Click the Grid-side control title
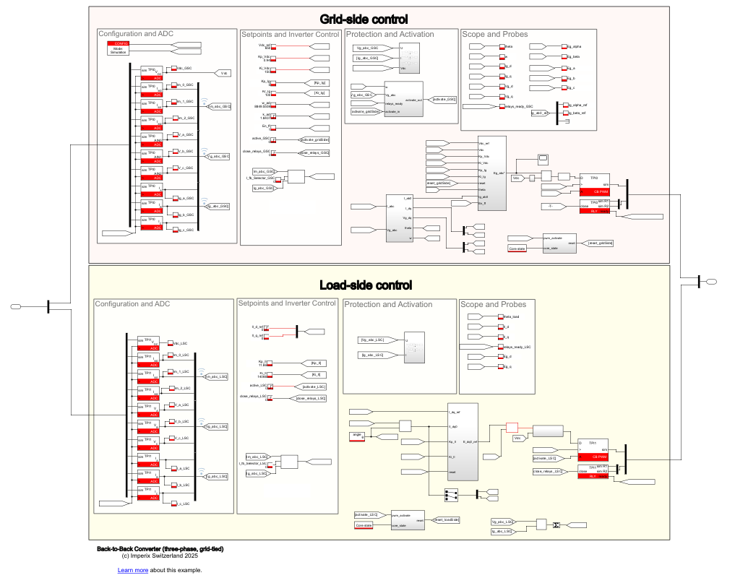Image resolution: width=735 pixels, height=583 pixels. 364,19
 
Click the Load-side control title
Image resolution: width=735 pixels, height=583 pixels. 366,285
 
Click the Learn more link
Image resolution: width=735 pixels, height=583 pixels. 133,570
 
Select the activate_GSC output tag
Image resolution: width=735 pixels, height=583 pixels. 444,99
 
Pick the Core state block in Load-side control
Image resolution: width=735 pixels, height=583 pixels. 364,525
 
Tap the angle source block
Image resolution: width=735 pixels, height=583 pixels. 356,436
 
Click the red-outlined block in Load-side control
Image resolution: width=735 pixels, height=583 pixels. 512,427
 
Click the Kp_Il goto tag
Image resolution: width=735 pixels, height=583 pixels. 315,363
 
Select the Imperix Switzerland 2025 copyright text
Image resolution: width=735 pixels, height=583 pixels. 160,556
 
